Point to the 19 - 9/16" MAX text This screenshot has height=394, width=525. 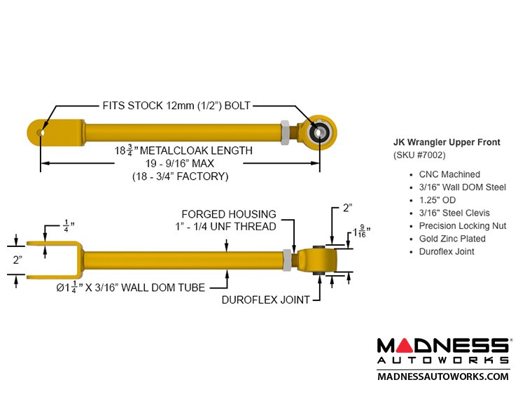click(x=181, y=164)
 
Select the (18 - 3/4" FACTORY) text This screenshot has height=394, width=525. click(x=181, y=176)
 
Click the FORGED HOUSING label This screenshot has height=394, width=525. click(x=229, y=213)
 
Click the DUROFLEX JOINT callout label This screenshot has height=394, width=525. click(x=266, y=300)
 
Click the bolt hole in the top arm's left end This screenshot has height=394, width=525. click(x=43, y=131)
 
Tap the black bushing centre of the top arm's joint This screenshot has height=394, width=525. click(x=321, y=130)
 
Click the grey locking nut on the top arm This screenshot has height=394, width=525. click(x=286, y=130)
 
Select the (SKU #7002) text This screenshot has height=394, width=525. click(x=419, y=155)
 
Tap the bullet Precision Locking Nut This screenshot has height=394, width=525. click(x=462, y=226)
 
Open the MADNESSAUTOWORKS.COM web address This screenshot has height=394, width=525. click(x=443, y=377)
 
